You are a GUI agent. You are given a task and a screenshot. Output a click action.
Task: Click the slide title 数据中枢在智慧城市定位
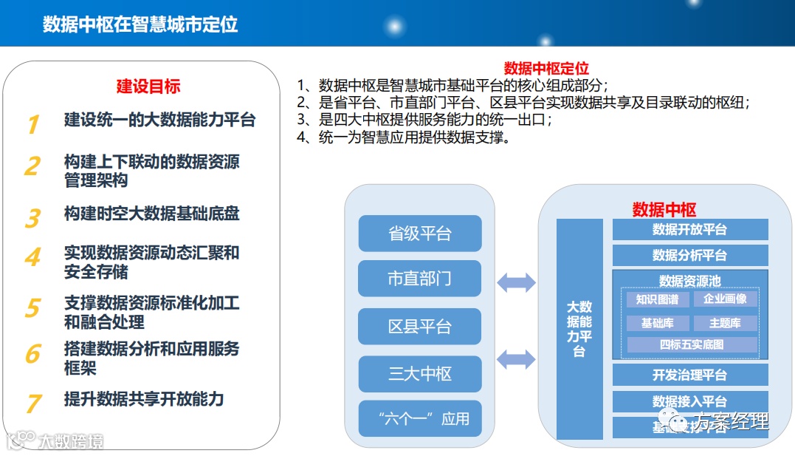click(x=140, y=24)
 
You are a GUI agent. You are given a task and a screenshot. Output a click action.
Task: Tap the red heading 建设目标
click(x=148, y=86)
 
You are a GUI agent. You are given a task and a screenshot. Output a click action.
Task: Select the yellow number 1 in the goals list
click(x=32, y=124)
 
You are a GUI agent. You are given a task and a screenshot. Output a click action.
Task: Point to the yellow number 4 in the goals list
click(x=32, y=258)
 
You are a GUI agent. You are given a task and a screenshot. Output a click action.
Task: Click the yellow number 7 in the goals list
click(x=33, y=404)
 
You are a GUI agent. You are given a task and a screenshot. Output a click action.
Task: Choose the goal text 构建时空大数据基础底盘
click(x=151, y=214)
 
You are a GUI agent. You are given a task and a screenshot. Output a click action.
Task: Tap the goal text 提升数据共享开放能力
click(x=143, y=399)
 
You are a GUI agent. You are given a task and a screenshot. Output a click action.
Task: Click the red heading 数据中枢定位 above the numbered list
click(x=546, y=68)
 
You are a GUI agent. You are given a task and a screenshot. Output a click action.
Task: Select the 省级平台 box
click(x=419, y=234)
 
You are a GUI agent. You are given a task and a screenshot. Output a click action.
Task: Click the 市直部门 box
click(x=419, y=279)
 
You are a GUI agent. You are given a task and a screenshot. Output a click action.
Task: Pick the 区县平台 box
click(x=419, y=327)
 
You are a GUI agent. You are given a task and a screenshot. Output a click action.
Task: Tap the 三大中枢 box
click(x=419, y=374)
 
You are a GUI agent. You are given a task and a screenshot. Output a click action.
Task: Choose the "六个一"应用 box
click(x=419, y=418)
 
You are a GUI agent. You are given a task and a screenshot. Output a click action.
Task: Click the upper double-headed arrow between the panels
click(x=516, y=282)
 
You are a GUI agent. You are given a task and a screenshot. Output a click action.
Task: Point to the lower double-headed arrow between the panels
click(x=516, y=360)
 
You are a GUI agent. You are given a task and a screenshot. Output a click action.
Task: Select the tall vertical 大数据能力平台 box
click(x=579, y=329)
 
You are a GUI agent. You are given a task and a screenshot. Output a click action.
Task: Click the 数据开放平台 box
click(x=689, y=229)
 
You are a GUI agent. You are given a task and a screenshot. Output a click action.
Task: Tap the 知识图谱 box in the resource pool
click(x=657, y=299)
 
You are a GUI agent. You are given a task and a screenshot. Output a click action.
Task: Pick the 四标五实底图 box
click(x=692, y=344)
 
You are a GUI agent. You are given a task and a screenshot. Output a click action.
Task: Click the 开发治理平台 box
click(x=689, y=375)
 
